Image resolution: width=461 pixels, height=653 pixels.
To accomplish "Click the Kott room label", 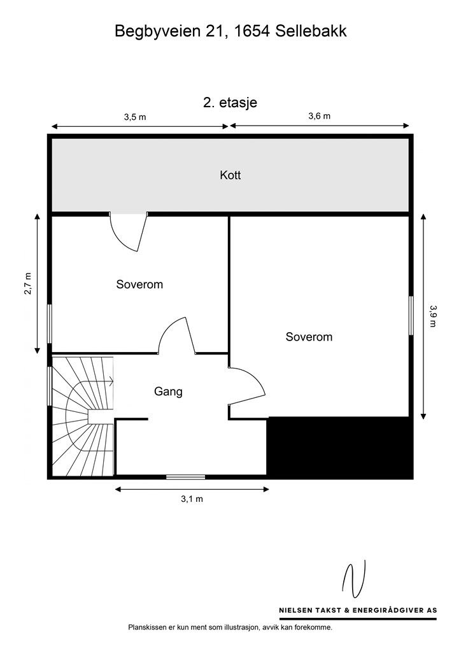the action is [230, 175].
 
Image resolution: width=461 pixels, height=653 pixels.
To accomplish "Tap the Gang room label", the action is [168, 392].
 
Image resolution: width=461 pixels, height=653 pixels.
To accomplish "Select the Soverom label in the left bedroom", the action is [139, 284].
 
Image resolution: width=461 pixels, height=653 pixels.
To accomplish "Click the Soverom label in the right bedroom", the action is [309, 337].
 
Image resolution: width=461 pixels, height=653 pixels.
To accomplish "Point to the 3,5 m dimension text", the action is [135, 117].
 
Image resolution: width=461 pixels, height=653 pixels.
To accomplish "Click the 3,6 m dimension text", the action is [319, 116].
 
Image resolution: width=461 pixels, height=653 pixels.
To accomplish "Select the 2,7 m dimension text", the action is [28, 284].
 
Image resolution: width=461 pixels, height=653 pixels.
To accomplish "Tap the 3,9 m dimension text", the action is [433, 316].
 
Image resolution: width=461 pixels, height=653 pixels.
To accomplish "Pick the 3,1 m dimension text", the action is [192, 499].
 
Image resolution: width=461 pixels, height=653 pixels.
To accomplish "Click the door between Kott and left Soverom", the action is [129, 231].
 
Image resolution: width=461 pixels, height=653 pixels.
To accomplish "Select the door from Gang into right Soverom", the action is [247, 386].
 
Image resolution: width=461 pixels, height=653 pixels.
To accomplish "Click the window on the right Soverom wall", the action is [411, 315].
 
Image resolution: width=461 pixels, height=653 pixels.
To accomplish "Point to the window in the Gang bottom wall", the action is [185, 476].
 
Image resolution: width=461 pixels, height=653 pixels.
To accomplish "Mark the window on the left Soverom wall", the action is [50, 324].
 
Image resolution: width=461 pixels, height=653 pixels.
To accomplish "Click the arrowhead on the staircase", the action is [111, 380].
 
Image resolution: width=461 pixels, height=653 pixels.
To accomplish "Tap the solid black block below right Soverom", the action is [339, 448].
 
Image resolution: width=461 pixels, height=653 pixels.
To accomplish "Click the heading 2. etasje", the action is [230, 103].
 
